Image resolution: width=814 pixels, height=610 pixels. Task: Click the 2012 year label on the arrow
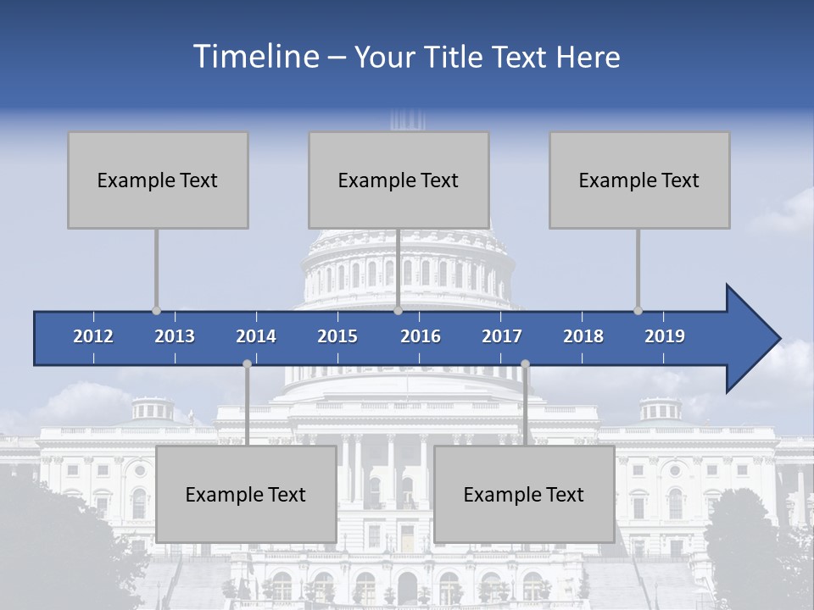tap(93, 336)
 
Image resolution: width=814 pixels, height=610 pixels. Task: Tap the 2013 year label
tap(175, 336)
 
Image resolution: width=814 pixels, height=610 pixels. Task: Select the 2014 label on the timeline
tap(256, 336)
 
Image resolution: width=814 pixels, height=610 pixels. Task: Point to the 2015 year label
tap(337, 336)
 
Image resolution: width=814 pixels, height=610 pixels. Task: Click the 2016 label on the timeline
tap(421, 336)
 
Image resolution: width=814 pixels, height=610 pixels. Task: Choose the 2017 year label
tap(502, 336)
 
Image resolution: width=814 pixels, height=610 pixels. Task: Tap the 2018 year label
tap(583, 336)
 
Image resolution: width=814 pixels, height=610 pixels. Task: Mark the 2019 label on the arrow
tap(665, 336)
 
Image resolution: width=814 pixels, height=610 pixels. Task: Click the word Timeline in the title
tap(255, 57)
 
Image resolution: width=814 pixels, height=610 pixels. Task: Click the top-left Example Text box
tap(158, 180)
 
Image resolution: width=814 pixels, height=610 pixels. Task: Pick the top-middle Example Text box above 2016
tap(399, 180)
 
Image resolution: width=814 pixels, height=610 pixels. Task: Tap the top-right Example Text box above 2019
tap(639, 180)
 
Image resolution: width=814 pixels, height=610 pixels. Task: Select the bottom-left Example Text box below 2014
tap(246, 494)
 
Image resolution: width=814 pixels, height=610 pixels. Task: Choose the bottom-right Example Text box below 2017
tap(524, 494)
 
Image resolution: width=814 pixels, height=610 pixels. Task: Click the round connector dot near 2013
tap(156, 311)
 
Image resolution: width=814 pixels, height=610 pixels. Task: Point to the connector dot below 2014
tap(247, 363)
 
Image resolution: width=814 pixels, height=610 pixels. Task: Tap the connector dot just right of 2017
tap(525, 363)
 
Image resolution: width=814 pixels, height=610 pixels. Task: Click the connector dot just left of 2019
tap(638, 311)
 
